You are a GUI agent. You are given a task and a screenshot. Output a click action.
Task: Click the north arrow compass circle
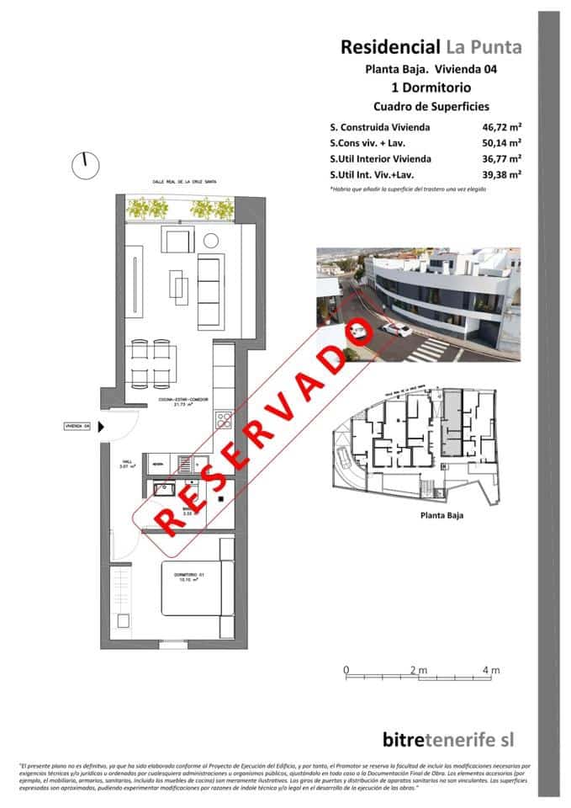[x=84, y=166]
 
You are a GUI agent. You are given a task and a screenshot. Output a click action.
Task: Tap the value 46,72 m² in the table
[x=497, y=127]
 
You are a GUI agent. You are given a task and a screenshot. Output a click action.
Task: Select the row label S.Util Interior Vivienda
[x=381, y=158]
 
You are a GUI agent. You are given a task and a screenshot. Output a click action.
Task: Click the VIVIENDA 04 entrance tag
[x=77, y=427]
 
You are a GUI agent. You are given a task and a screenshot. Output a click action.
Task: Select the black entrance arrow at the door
[x=101, y=427]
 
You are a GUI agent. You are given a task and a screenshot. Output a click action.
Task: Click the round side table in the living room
[x=210, y=241]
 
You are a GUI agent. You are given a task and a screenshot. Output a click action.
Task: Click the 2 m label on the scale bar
[x=418, y=670]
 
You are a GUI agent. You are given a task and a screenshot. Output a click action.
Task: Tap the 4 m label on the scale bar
[x=491, y=670]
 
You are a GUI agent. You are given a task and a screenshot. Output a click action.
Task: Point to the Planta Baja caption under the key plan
[x=442, y=515]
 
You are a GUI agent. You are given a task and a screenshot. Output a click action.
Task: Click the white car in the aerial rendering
[x=394, y=329]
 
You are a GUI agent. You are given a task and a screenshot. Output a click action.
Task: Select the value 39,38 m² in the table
[x=497, y=174]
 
